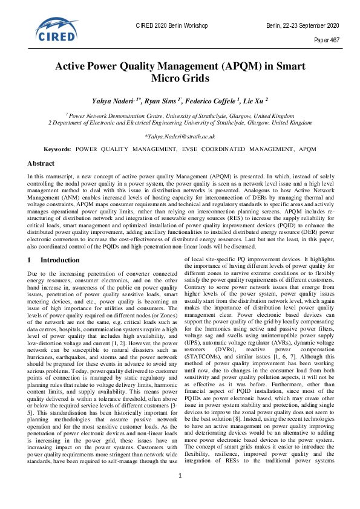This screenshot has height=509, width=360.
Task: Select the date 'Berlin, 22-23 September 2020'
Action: [302, 26]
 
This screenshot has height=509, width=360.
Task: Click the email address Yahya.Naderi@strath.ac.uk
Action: [180, 137]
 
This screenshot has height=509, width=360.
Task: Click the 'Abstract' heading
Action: [42, 163]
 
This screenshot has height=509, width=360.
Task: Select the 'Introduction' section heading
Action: [59, 260]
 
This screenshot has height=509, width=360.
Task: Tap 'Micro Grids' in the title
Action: [180, 78]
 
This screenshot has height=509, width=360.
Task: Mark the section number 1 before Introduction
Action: [30, 260]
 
